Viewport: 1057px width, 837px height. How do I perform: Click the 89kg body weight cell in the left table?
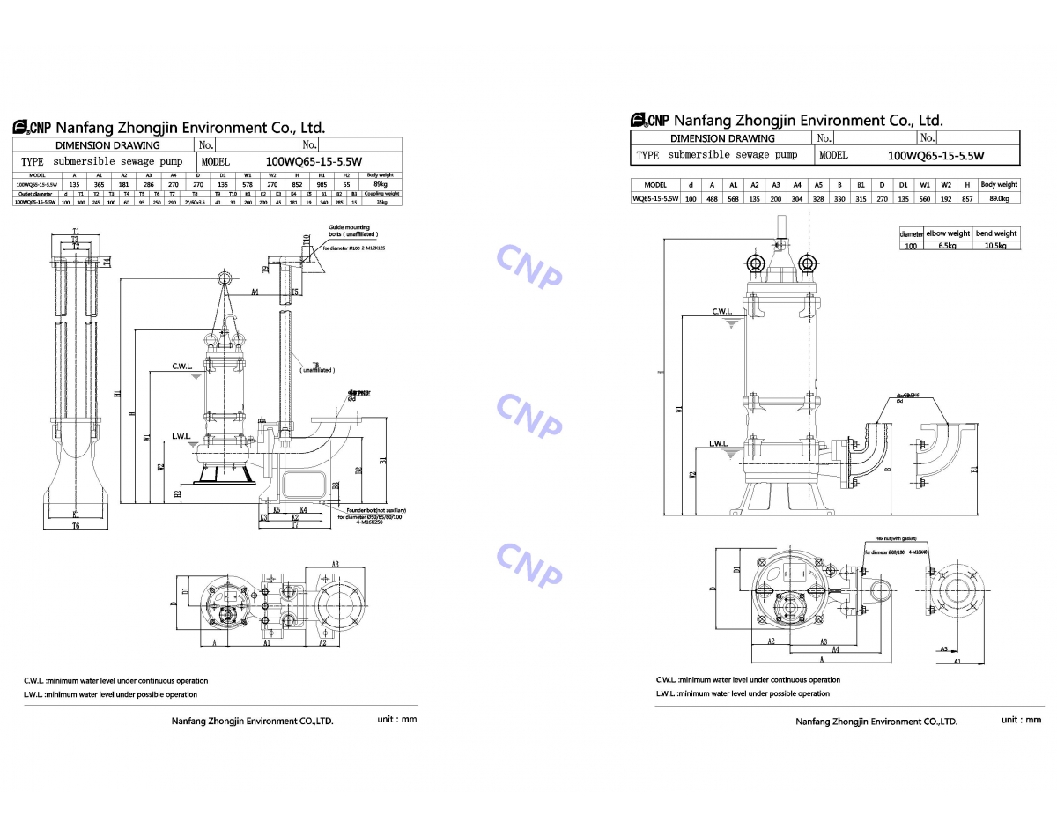(380, 183)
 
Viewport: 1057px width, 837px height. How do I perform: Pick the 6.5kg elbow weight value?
(947, 246)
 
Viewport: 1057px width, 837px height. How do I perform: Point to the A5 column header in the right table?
(818, 185)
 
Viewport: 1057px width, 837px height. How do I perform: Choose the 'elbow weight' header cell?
(947, 233)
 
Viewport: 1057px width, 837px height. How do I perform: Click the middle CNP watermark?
(528, 414)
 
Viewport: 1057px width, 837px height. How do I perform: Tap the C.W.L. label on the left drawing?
(182, 366)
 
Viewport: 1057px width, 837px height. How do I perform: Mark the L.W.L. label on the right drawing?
(722, 443)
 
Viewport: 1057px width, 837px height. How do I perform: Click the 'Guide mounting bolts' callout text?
(351, 231)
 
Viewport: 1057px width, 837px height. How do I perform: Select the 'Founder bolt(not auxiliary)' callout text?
(375, 511)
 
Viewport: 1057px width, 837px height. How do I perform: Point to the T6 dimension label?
(76, 525)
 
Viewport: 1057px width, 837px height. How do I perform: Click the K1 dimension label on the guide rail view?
(76, 514)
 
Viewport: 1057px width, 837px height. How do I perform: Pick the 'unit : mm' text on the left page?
(396, 719)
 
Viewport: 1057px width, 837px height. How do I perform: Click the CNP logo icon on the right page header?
(639, 121)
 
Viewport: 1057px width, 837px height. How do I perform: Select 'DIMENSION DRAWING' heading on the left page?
(107, 145)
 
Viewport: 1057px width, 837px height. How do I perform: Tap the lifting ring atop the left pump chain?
(225, 279)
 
